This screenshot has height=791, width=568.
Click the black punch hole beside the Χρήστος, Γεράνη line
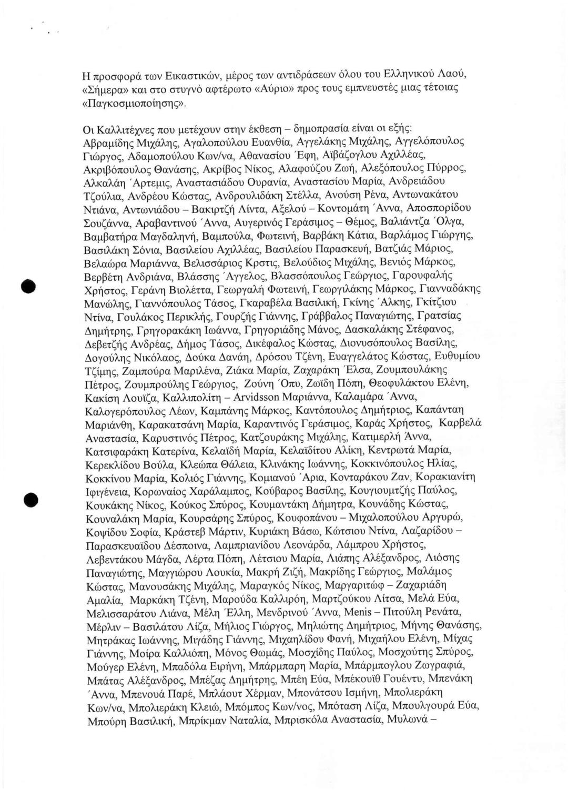pos(28,287)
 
